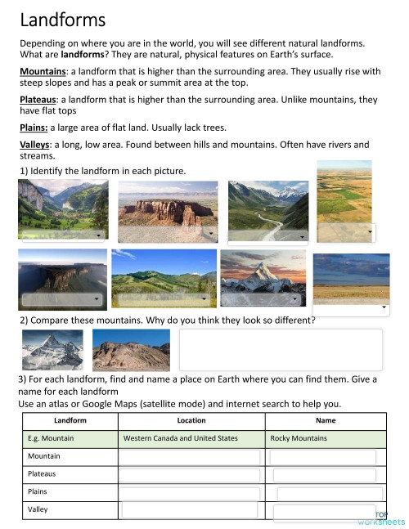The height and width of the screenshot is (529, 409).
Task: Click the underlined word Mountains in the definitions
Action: click(x=43, y=72)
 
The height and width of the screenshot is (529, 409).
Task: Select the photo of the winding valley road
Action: click(x=267, y=205)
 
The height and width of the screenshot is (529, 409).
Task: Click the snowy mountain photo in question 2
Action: click(x=52, y=350)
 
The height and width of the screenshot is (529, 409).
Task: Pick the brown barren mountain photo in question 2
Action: click(x=131, y=350)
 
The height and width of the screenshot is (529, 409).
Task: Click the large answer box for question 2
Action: click(x=281, y=350)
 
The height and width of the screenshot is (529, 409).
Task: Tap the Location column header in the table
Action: click(x=191, y=421)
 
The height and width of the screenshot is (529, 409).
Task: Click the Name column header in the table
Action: click(x=325, y=421)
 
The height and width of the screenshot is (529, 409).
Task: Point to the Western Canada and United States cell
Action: click(x=180, y=438)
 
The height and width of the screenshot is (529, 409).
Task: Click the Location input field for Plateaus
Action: click(x=191, y=475)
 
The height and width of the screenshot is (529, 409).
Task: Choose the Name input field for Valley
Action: click(x=324, y=512)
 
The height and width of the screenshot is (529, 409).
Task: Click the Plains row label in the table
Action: click(x=38, y=491)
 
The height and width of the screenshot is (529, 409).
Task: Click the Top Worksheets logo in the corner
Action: click(x=380, y=518)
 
